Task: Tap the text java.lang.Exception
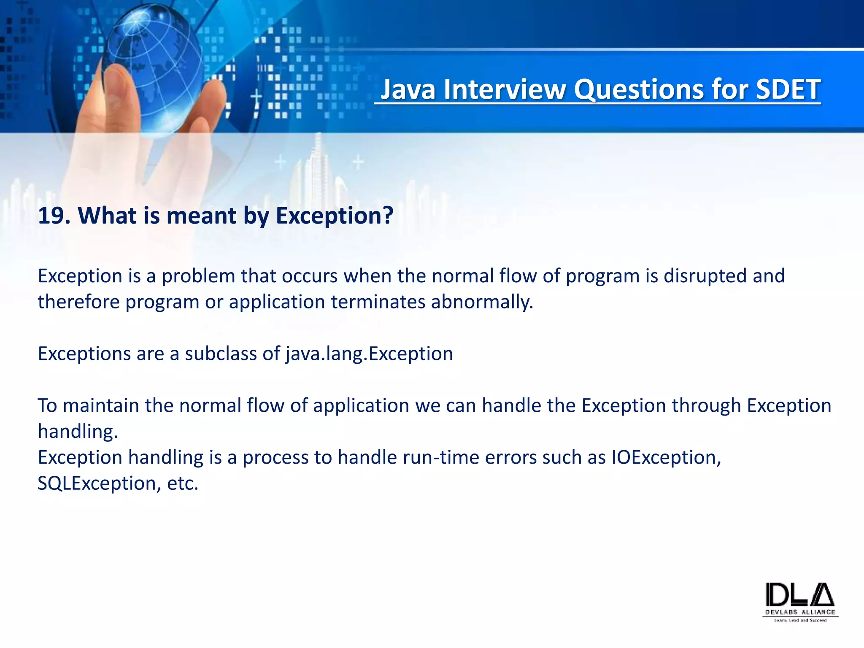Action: click(369, 354)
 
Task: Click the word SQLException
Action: click(97, 483)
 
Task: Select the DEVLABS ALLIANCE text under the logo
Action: click(800, 612)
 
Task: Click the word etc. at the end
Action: click(182, 483)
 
